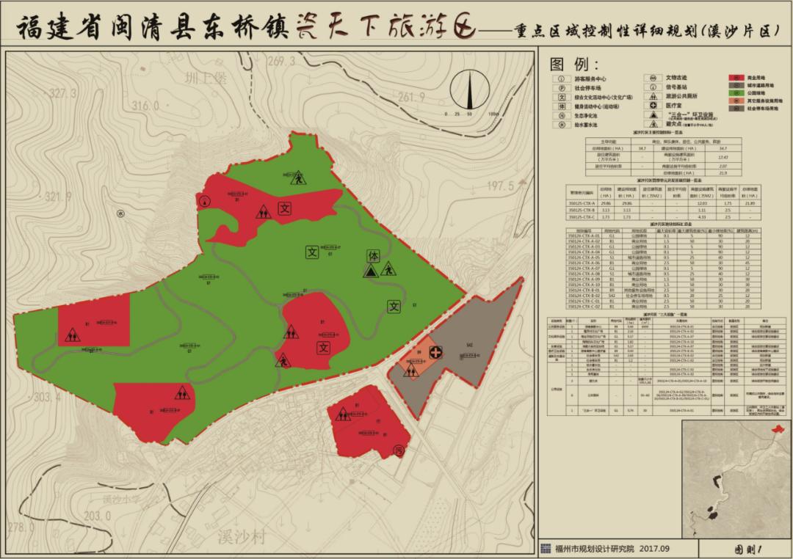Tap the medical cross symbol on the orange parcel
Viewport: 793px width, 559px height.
click(x=436, y=353)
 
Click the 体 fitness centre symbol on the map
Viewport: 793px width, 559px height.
click(x=373, y=256)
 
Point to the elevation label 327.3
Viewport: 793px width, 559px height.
click(x=63, y=93)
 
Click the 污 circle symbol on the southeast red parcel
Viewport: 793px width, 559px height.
click(x=399, y=450)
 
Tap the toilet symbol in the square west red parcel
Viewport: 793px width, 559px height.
click(x=72, y=336)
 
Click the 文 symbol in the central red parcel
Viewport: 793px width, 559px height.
click(x=324, y=347)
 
